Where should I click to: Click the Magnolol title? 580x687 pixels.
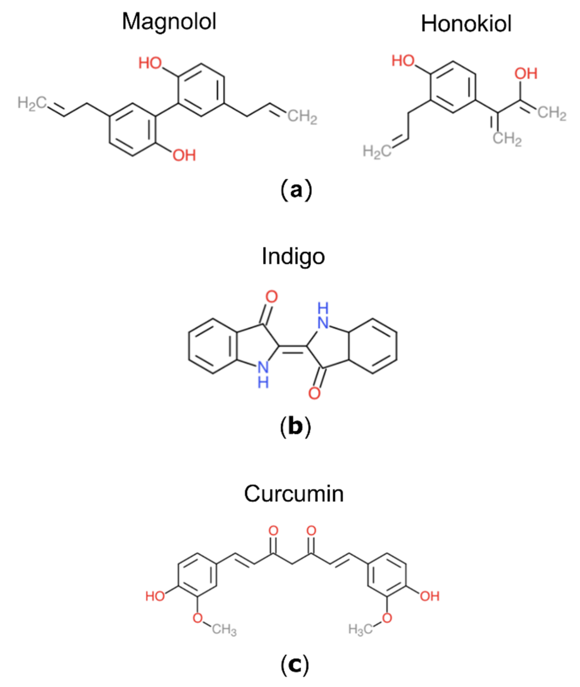(169, 22)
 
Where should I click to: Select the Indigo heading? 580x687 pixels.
(293, 256)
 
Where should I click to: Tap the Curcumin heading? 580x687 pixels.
(294, 494)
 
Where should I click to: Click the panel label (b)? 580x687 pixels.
(295, 427)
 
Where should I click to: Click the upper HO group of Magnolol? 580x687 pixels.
(150, 63)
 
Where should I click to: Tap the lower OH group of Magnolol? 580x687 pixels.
(184, 155)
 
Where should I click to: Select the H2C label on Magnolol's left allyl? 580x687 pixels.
(32, 103)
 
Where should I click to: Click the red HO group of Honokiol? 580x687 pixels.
(403, 61)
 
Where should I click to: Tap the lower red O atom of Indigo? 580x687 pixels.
(314, 393)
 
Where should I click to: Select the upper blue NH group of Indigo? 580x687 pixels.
(323, 316)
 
